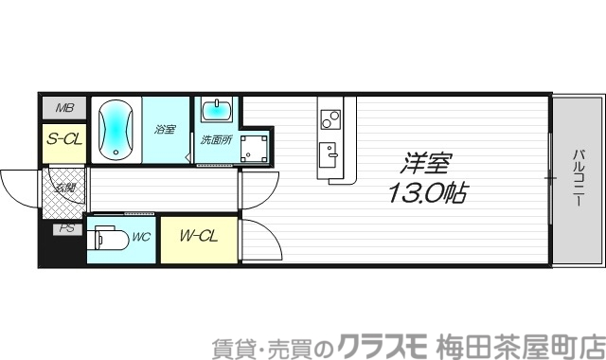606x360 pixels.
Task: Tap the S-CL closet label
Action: click(x=64, y=138)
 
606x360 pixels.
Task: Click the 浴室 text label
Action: click(x=166, y=129)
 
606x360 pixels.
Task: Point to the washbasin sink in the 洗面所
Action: click(x=218, y=109)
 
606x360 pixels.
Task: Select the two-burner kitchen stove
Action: click(x=330, y=119)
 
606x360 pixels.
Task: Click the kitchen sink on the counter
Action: click(x=330, y=152)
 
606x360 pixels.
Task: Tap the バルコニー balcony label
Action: click(x=578, y=179)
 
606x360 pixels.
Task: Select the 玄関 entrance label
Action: click(x=64, y=189)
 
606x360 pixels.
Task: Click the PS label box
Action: click(x=65, y=228)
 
